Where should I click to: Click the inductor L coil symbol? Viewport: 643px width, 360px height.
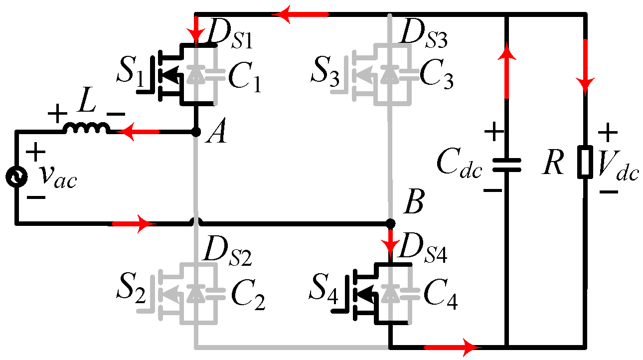pyautogui.click(x=85, y=129)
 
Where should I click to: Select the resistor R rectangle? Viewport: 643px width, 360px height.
pyautogui.click(x=585, y=162)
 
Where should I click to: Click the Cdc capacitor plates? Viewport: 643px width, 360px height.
pyautogui.click(x=506, y=165)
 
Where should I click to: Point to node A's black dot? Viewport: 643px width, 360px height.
pyautogui.click(x=196, y=132)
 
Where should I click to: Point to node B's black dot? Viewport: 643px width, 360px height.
pyautogui.click(x=391, y=223)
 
